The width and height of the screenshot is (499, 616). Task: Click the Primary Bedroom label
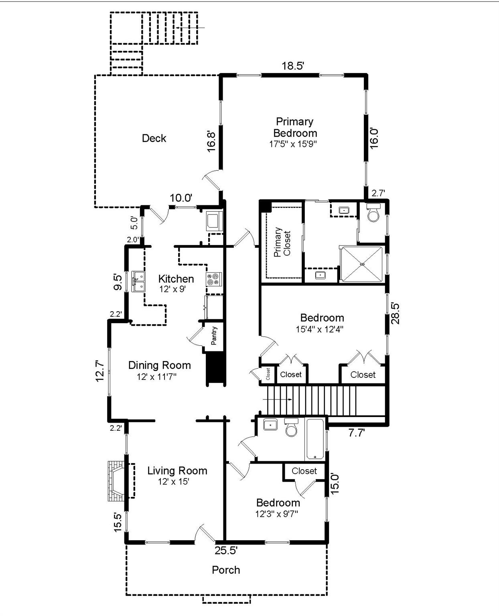[295, 127]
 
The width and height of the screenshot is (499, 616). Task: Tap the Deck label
[154, 138]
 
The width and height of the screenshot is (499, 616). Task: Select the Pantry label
[214, 336]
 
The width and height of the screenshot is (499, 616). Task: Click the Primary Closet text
[282, 242]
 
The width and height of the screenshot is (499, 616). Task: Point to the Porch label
[226, 570]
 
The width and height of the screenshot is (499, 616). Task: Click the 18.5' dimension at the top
[293, 66]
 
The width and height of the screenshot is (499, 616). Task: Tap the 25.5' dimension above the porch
[226, 550]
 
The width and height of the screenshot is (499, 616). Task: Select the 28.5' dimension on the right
[395, 313]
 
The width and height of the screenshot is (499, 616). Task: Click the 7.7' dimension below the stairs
[356, 433]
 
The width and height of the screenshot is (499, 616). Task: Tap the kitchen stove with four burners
[214, 280]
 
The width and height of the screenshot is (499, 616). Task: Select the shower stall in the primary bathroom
[362, 264]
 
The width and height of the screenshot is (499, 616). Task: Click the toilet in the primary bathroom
[373, 213]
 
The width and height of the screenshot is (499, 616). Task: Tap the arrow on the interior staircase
[277, 399]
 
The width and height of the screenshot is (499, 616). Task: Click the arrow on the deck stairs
[191, 28]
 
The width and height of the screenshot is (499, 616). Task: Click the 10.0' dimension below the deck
[181, 198]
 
